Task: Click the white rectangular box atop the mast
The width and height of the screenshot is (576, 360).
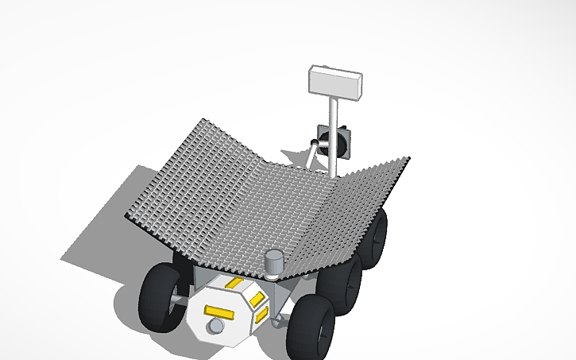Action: tap(335, 81)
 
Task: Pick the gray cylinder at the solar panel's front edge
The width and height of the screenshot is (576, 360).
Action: tap(274, 261)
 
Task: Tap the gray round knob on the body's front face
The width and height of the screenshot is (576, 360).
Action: tap(215, 327)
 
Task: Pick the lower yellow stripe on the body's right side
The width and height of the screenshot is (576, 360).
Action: tap(259, 316)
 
